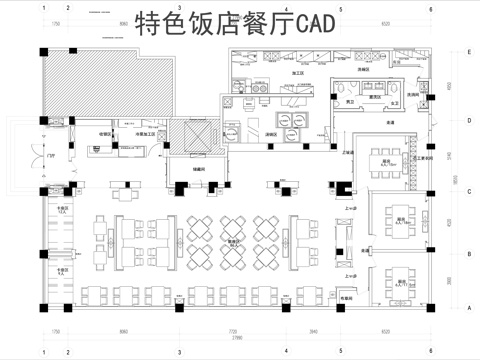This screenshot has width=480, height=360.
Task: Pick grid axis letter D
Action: (468, 118)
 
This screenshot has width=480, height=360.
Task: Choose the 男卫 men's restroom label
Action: (351, 102)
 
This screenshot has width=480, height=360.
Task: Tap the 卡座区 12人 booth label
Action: (62, 211)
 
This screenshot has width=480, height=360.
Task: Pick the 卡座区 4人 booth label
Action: (62, 269)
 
